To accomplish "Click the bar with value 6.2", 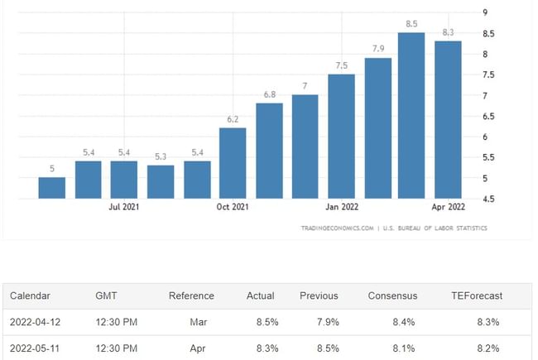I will pos(233,163).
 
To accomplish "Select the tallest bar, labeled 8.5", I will pos(411,116).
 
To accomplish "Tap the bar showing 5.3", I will pos(161,182).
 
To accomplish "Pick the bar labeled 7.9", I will pos(378,128).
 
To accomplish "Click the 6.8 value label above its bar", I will pos(270,94).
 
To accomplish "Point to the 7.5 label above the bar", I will pos(342,65).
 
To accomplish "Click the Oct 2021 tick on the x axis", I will pos(233,207).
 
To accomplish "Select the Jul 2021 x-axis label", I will pos(124,207).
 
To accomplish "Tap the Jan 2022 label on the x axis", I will pos(342,207).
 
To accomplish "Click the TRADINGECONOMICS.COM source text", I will pos(336,228).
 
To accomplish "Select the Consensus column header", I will pos(394,295).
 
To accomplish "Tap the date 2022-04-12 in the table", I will pos(36,321).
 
